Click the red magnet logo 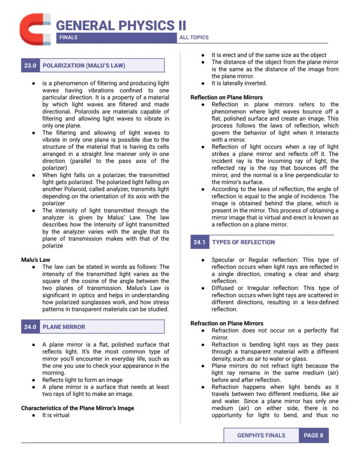click(35, 29)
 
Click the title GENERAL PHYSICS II click(120, 25)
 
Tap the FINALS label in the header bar click(68, 37)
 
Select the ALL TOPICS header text click(194, 37)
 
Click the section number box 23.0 click(30, 66)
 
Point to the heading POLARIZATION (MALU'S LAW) click(83, 66)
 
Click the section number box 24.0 click(30, 327)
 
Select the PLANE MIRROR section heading click(64, 327)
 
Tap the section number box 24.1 click(199, 242)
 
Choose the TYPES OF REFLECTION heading click(243, 242)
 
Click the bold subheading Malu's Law click(36, 260)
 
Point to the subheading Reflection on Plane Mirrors click(227, 97)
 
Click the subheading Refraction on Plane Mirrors click(227, 323)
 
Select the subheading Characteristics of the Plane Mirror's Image click(77, 408)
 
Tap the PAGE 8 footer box click(313, 435)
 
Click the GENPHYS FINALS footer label click(261, 435)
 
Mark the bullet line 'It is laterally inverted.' click(239, 83)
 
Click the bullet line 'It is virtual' click(56, 415)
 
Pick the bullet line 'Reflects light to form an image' click(82, 380)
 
